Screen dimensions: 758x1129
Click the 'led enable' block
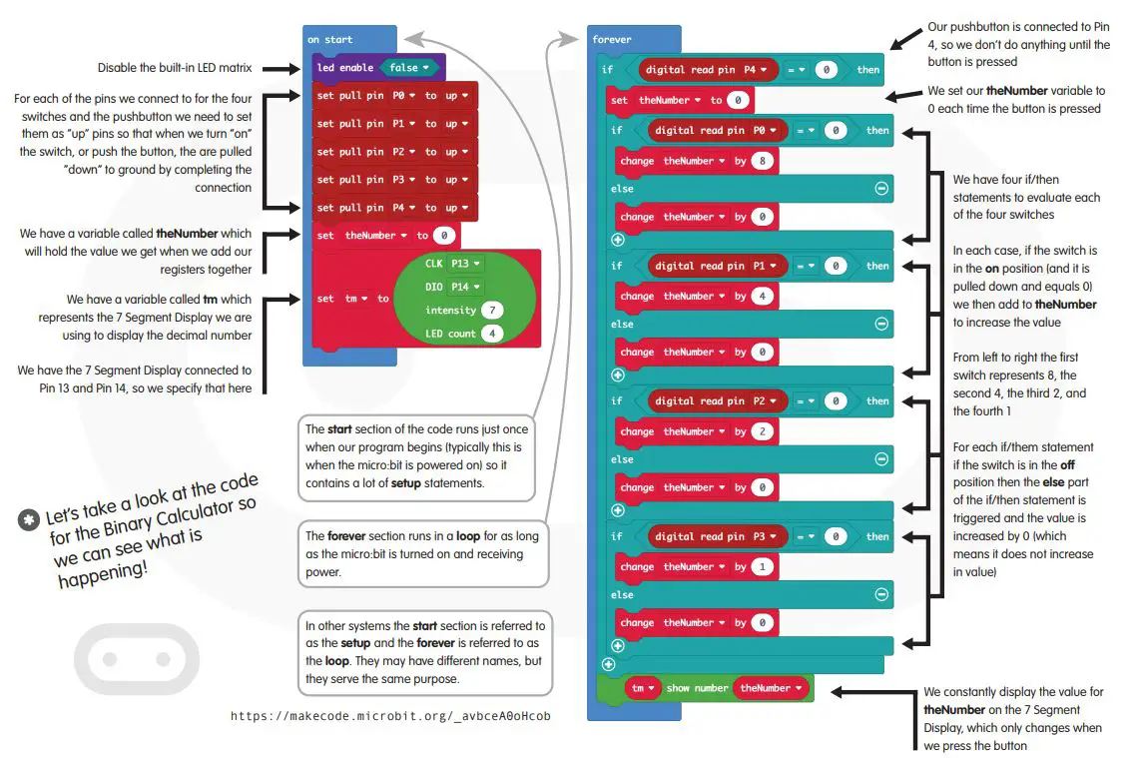click(x=344, y=68)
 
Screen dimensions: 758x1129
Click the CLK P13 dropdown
click(x=465, y=264)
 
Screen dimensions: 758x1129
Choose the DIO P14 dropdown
click(x=465, y=287)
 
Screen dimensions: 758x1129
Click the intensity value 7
click(x=491, y=310)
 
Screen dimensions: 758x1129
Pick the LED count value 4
click(x=491, y=334)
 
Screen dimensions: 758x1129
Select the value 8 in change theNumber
click(x=764, y=161)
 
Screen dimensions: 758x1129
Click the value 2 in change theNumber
click(x=764, y=431)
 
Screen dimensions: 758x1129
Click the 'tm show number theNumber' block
click(x=717, y=688)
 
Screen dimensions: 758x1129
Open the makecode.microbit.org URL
click(x=390, y=716)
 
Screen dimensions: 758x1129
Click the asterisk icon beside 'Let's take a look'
click(x=28, y=519)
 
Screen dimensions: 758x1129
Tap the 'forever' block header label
click(x=612, y=40)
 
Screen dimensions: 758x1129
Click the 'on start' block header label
click(x=329, y=40)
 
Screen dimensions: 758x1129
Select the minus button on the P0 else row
click(x=881, y=188)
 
